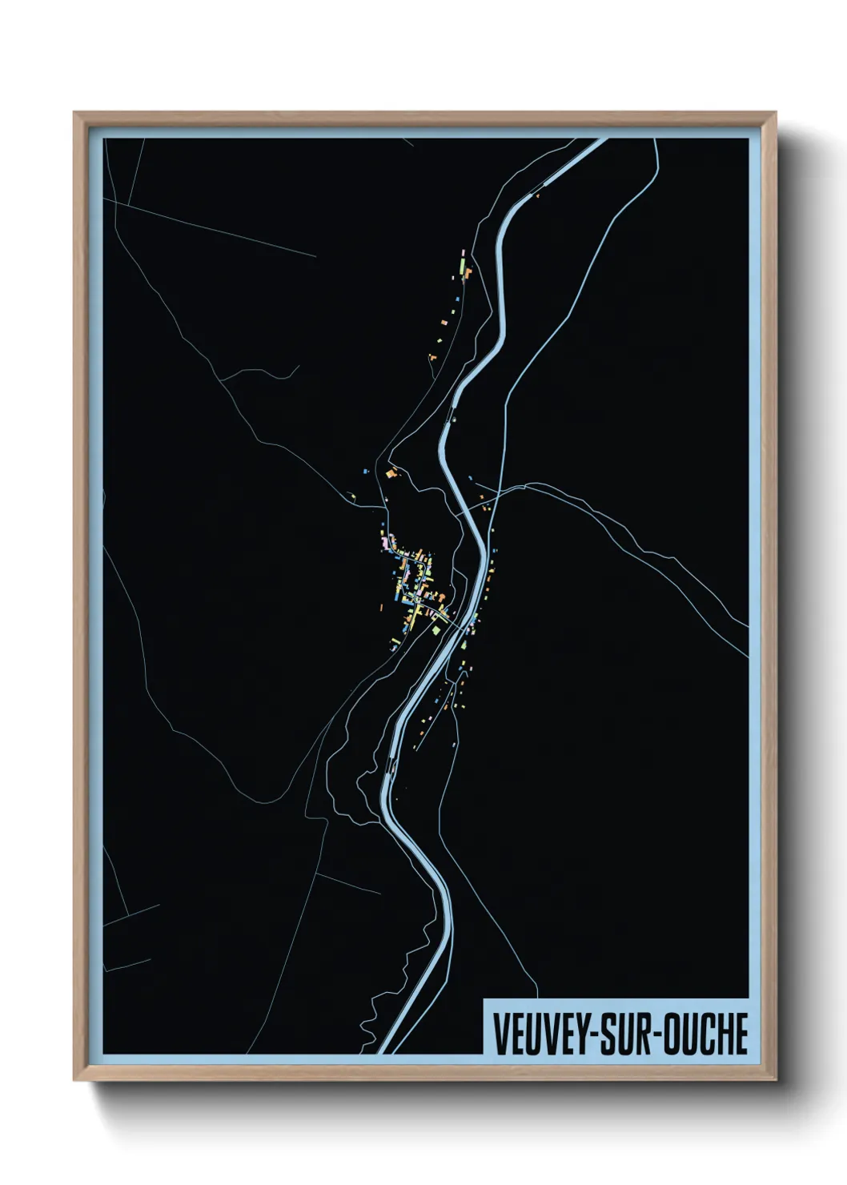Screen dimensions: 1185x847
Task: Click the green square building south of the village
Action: (436, 630)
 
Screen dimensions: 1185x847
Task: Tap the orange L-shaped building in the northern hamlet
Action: (468, 272)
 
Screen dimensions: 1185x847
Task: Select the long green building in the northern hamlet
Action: (462, 261)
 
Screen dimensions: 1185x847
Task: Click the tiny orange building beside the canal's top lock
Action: (538, 195)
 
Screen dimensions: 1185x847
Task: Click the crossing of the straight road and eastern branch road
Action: (503, 490)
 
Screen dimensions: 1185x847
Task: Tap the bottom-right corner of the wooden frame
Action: (777, 1081)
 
